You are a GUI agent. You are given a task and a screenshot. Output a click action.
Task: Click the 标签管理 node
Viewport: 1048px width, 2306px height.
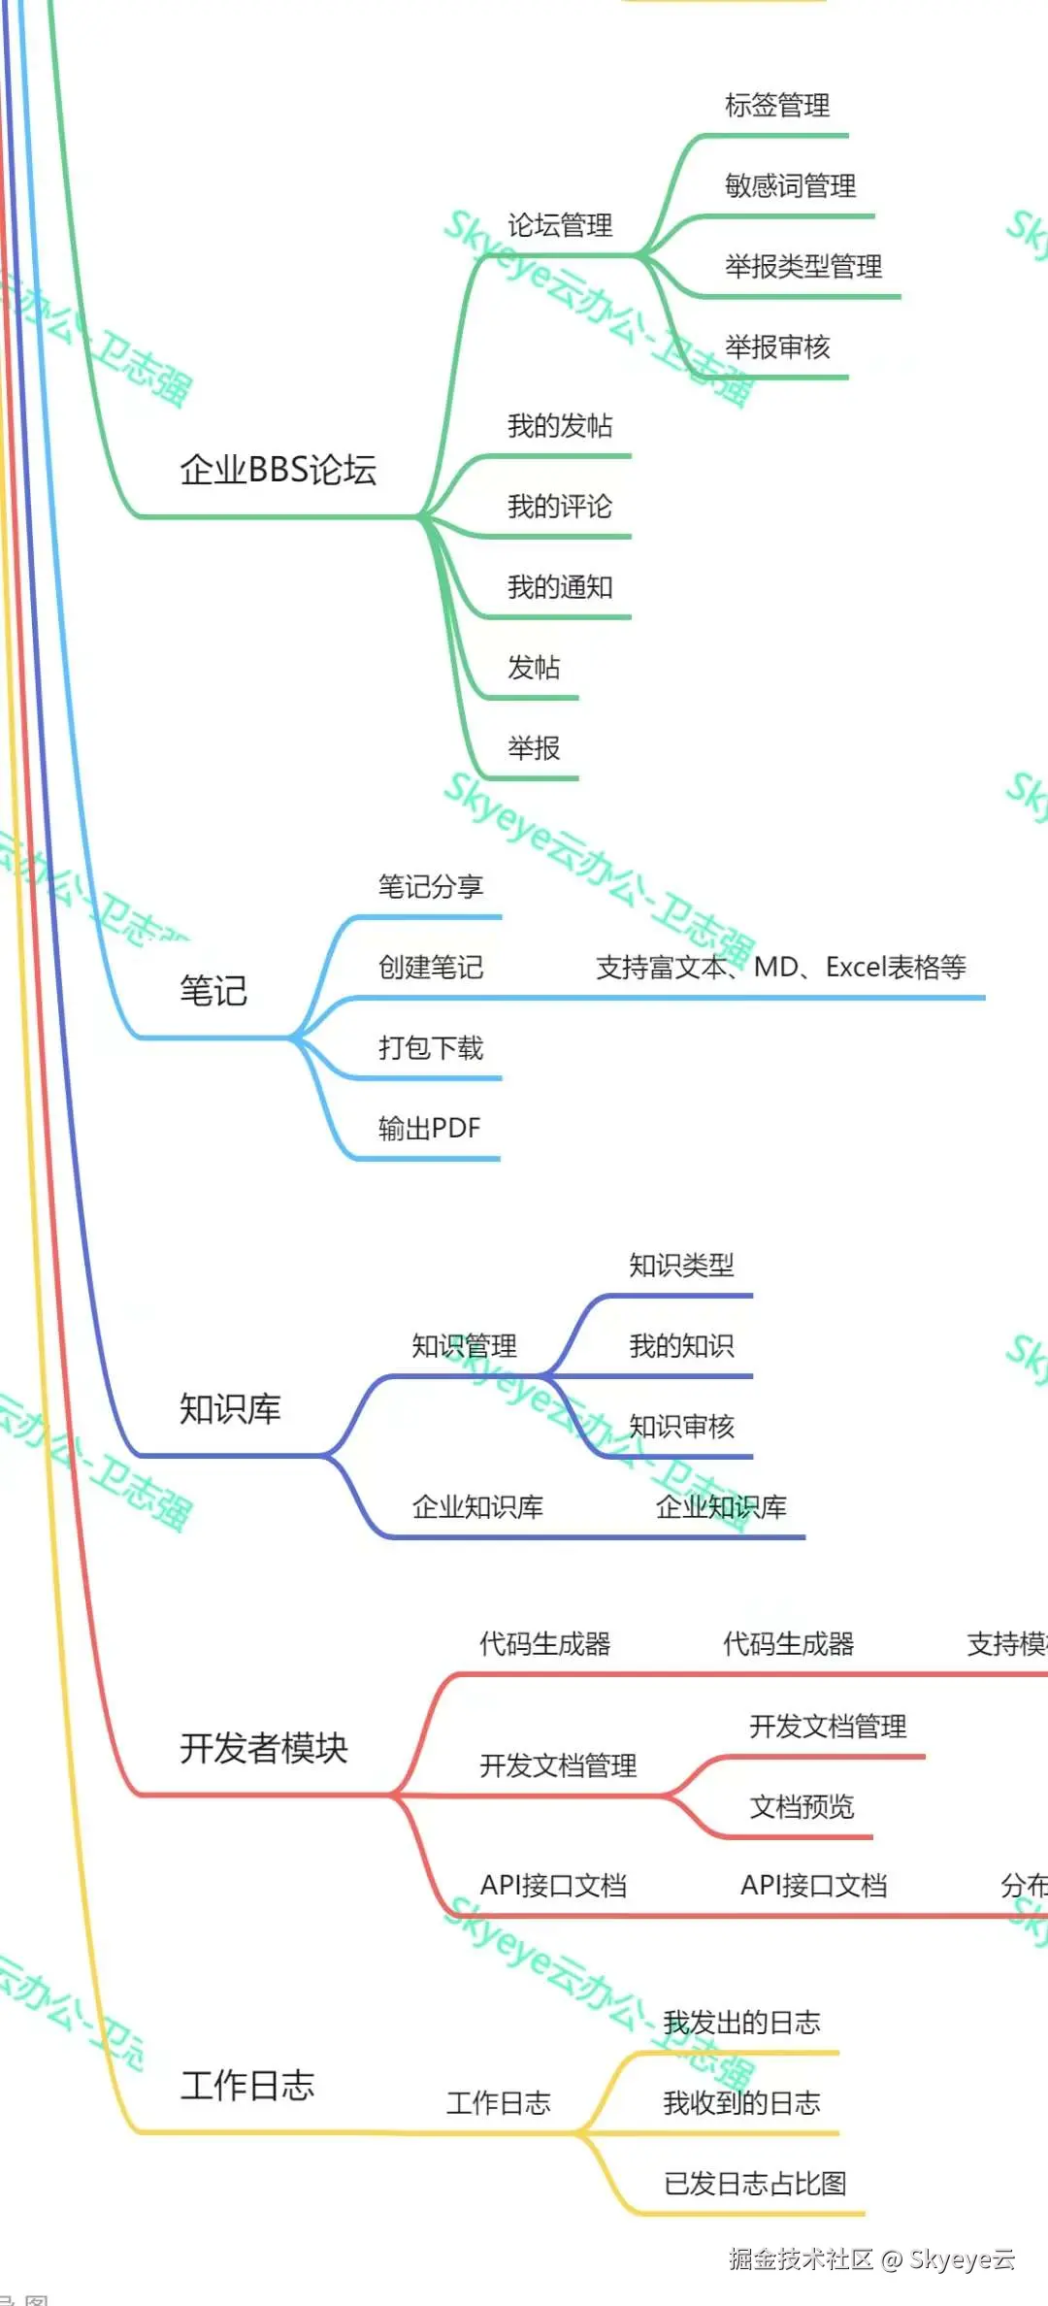[x=777, y=105]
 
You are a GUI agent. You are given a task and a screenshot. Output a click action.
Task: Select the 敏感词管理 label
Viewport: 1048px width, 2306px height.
[x=790, y=185]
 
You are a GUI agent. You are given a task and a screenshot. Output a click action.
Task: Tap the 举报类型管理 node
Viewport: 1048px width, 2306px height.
[x=803, y=266]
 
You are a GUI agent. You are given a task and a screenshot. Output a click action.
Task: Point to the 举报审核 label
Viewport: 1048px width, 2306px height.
[x=777, y=346]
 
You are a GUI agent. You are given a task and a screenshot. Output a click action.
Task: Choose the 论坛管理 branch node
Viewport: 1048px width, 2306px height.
[x=560, y=225]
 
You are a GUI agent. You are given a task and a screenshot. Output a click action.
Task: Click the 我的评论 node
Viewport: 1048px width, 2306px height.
[x=560, y=506]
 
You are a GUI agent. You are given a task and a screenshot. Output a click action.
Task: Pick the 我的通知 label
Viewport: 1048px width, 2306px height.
[x=560, y=586]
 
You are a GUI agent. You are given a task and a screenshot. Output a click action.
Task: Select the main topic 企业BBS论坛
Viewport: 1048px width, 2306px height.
[x=278, y=470]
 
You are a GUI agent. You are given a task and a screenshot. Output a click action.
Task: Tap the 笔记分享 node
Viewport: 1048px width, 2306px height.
[x=431, y=886]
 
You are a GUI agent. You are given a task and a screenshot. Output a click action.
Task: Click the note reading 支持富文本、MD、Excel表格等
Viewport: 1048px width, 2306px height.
[x=780, y=967]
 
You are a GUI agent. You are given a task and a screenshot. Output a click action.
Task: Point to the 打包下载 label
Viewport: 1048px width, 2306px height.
[x=431, y=1047]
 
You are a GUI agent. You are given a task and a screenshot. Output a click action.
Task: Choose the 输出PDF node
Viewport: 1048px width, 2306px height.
[x=429, y=1128]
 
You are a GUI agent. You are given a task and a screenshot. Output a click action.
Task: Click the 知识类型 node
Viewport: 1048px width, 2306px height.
[x=681, y=1265]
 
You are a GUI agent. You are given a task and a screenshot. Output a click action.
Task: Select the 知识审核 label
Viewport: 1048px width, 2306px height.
[x=681, y=1426]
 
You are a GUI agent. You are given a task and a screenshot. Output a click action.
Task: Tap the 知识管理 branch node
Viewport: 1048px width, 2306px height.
[x=464, y=1345]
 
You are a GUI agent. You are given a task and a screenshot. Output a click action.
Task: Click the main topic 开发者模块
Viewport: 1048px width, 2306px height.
[x=264, y=1748]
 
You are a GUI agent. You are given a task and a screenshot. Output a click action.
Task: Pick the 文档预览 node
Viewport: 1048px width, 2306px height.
[x=802, y=1806]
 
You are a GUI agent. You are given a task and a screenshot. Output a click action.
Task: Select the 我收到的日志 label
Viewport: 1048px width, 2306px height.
[x=741, y=2102]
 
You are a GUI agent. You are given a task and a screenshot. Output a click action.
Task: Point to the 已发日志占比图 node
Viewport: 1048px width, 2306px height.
[x=755, y=2183]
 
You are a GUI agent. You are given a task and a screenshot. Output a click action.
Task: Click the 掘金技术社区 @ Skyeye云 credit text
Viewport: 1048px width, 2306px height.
[x=871, y=2259]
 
